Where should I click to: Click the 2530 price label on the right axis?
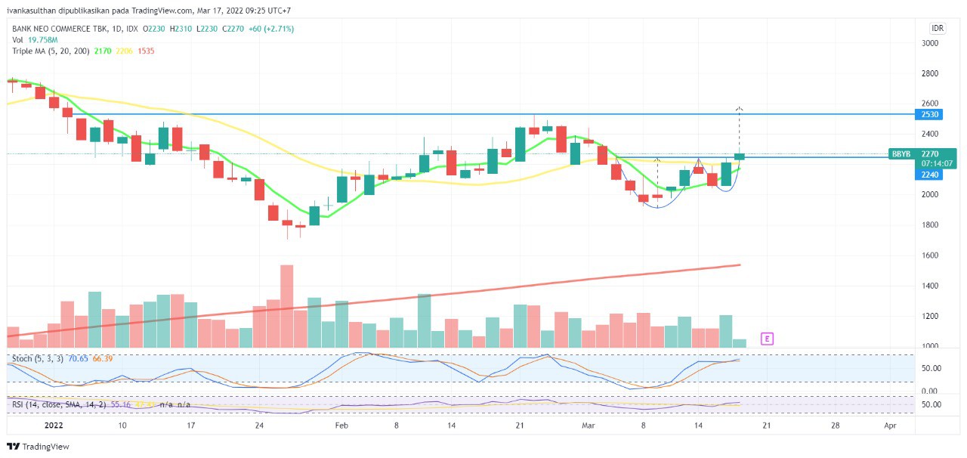click(x=929, y=114)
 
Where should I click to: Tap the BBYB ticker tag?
click(x=901, y=153)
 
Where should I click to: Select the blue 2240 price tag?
click(x=929, y=175)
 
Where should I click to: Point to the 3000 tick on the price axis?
click(x=929, y=43)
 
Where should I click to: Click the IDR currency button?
click(x=938, y=29)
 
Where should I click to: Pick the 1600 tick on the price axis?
click(x=929, y=255)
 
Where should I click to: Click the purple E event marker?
click(x=767, y=339)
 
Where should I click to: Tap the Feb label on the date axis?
click(x=341, y=426)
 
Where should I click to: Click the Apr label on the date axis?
click(x=890, y=426)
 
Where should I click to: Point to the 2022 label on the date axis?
click(x=53, y=426)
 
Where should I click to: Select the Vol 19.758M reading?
click(x=35, y=39)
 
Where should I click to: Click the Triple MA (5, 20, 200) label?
click(x=51, y=51)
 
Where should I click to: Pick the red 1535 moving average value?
click(x=146, y=51)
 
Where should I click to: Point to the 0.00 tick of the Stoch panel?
click(x=929, y=391)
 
